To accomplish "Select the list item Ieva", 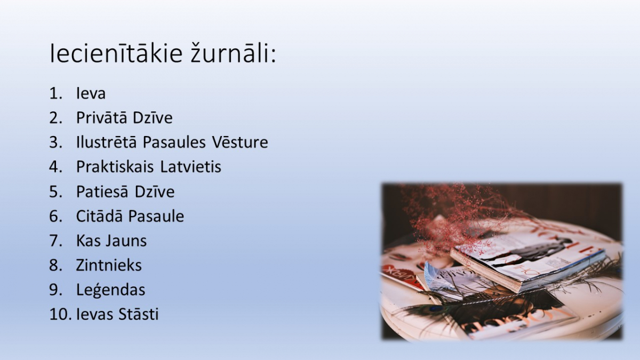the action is click(91, 93).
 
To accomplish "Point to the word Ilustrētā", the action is click(107, 142).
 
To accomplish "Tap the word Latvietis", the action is click(191, 166).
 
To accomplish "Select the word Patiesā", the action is click(102, 191).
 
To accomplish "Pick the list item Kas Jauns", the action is click(111, 241).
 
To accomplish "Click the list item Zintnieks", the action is click(109, 265).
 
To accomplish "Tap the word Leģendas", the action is click(111, 290).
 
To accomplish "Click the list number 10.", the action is click(60, 314).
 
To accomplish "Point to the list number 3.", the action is click(55, 142).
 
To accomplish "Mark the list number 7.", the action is click(55, 241).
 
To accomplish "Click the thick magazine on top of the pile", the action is click(529, 263).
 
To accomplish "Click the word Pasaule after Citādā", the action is click(156, 215).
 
